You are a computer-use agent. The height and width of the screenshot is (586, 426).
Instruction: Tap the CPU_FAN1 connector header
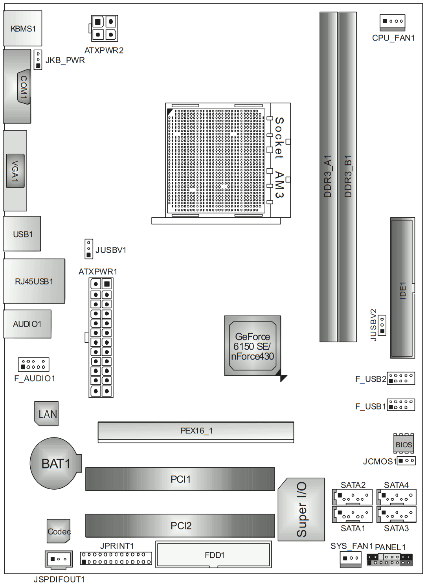pos(392,22)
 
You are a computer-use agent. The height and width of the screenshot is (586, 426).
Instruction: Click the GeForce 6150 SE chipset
pos(253,346)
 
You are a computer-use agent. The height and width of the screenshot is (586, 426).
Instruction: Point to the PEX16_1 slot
pos(196,432)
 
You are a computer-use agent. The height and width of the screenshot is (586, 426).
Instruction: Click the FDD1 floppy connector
pos(214,554)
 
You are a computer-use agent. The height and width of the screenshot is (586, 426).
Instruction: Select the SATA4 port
pos(397,497)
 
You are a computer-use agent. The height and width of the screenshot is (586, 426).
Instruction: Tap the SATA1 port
pos(352,514)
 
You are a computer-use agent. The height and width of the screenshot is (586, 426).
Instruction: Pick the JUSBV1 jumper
pos(89,249)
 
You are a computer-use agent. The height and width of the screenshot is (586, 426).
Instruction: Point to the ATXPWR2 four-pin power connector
pos(104,28)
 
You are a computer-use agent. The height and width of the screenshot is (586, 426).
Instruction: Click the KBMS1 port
pos(22,28)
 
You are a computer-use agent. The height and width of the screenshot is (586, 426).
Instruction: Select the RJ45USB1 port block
pos(34,281)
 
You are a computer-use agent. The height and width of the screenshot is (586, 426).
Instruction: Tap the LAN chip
pos(46,413)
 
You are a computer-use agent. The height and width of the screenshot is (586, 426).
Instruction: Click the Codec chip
pos(59,531)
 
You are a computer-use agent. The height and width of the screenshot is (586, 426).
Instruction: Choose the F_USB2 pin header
pos(401,378)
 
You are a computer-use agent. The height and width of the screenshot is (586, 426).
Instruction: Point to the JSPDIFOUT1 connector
pos(59,560)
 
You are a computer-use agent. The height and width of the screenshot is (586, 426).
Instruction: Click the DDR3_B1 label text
pos(348,176)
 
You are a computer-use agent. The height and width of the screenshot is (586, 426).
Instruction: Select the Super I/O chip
pos(301,510)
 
